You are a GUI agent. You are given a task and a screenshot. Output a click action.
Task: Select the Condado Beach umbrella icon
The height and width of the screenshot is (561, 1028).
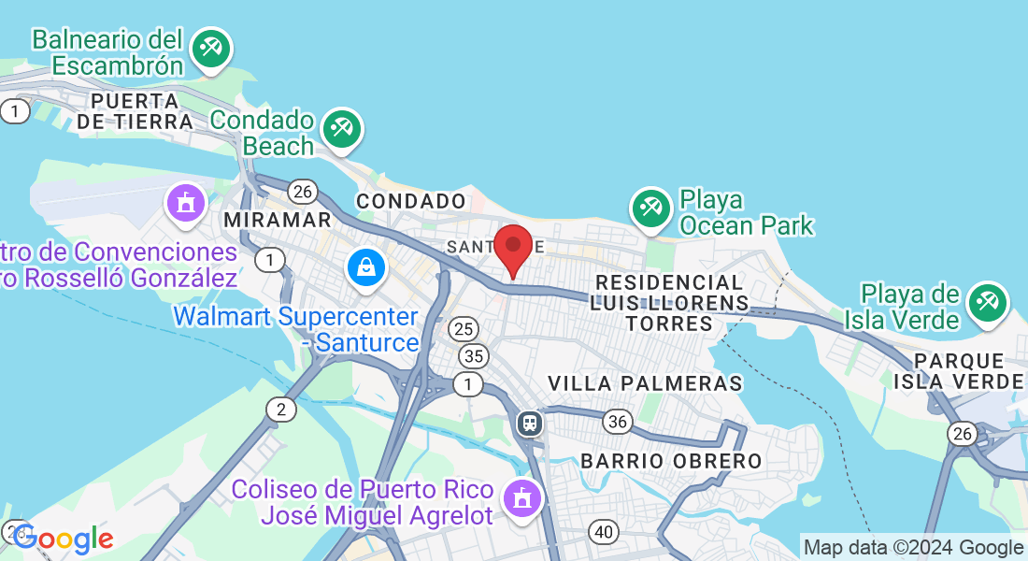[341, 129]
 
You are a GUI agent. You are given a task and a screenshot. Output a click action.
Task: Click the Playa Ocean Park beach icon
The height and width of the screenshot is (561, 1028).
[650, 209]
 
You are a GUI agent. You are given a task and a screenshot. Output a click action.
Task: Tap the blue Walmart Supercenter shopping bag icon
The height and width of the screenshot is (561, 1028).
[368, 267]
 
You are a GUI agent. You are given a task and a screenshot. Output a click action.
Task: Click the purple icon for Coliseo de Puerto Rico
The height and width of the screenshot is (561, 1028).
[521, 497]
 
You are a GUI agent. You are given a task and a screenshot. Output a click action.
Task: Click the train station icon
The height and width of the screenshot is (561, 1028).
[530, 424]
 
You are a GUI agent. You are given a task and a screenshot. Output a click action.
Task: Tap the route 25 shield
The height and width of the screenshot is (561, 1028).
[464, 329]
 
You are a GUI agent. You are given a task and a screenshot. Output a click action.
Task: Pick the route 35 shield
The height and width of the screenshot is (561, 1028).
[475, 355]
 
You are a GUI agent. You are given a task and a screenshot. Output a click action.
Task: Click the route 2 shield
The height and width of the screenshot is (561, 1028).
[280, 409]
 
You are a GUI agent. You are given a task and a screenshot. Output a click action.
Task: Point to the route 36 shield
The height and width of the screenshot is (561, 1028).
[617, 421]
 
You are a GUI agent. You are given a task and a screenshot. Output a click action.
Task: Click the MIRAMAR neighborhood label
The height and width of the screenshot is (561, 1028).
[278, 220]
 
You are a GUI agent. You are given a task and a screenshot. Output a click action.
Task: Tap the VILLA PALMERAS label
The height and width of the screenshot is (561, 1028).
[645, 383]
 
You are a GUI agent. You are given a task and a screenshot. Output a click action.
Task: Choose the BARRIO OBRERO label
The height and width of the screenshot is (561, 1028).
[671, 461]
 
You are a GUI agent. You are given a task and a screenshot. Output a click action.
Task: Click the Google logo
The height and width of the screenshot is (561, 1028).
[64, 539]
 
